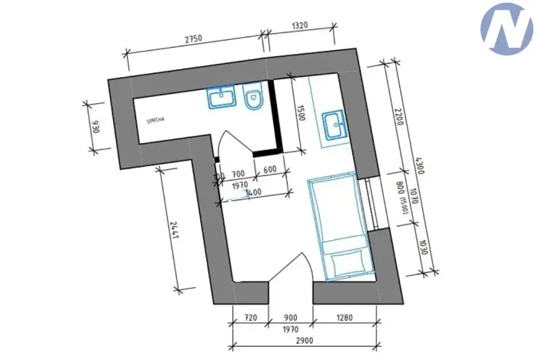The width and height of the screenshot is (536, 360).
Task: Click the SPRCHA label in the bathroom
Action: click(158, 121)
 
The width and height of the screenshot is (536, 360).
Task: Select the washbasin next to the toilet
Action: click(221, 98)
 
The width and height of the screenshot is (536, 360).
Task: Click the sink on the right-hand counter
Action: click(335, 124)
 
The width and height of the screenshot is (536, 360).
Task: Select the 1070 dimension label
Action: click(413, 196)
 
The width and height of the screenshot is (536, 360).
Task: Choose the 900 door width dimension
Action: click(290, 317)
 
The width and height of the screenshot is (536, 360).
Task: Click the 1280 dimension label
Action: click(344, 317)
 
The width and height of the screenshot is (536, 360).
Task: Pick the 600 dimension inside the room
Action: click(269, 171)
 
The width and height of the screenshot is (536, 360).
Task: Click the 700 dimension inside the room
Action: click(238, 174)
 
